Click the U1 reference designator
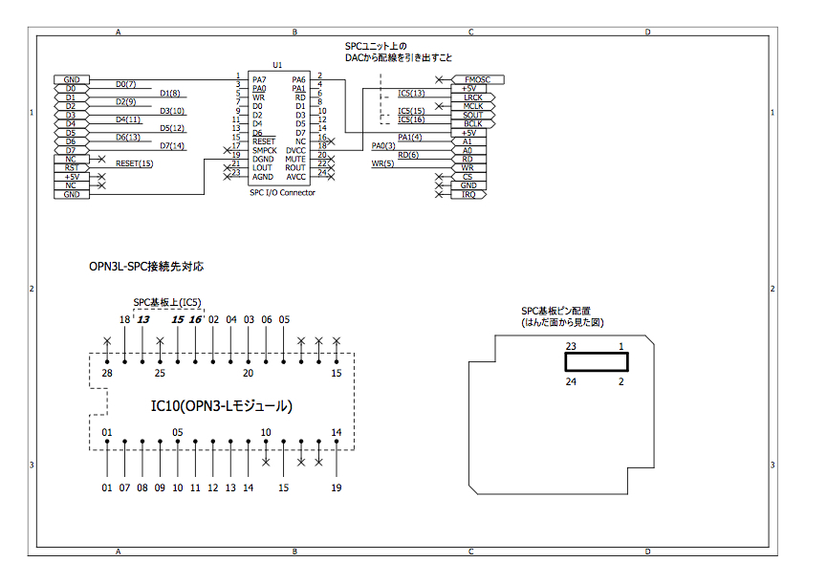click(x=277, y=65)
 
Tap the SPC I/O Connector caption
click(x=282, y=192)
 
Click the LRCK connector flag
click(x=472, y=97)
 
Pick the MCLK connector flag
click(x=472, y=106)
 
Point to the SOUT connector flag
click(x=472, y=115)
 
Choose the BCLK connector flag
click(x=472, y=124)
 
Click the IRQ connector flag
click(x=468, y=194)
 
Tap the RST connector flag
click(x=71, y=167)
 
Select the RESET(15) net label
click(x=134, y=163)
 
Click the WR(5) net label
click(x=382, y=163)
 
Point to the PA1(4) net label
click(x=410, y=137)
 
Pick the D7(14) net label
click(x=172, y=146)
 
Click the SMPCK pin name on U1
click(x=265, y=150)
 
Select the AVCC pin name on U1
click(x=295, y=177)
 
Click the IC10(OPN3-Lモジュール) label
click(x=221, y=405)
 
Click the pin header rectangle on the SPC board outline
click(x=597, y=362)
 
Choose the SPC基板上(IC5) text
click(x=166, y=302)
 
